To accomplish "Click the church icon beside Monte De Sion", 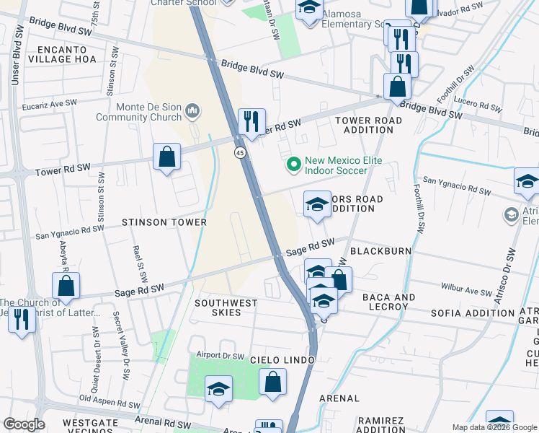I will tap(192, 110).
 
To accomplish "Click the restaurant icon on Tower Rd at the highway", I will tap(251, 121).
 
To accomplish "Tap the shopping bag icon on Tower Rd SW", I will tap(166, 157).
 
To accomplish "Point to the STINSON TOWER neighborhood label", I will tap(164, 222).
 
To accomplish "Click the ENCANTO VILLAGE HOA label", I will tap(62, 54).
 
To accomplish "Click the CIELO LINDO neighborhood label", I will tap(282, 359).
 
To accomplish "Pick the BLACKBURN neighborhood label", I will tap(380, 251).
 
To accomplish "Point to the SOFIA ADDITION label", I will tap(473, 313).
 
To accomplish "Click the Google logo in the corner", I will tap(23, 424).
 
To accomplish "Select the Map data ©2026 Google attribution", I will tap(494, 427).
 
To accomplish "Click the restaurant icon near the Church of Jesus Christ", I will tap(22, 319).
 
